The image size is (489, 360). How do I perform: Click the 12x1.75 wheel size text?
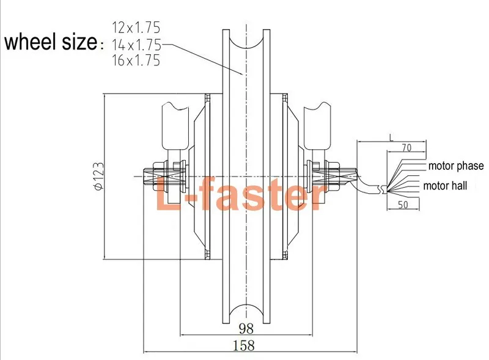point(136,27)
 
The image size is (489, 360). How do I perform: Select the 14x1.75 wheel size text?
point(136,44)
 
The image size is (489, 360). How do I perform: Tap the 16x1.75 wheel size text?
point(136,61)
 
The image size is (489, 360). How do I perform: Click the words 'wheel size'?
point(50,43)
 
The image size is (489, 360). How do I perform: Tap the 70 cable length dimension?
point(406,147)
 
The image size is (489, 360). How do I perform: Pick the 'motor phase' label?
point(455,166)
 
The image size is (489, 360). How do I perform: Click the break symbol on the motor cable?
point(383,190)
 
